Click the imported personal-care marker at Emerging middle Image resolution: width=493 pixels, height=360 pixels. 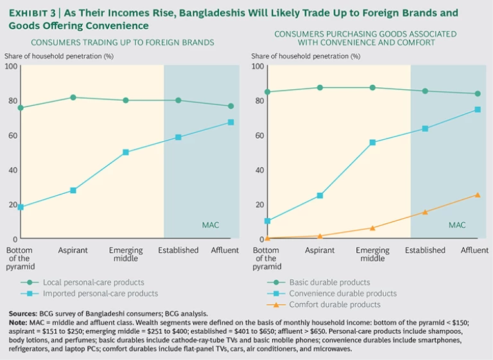(x=126, y=152)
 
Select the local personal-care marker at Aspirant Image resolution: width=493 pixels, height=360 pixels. (x=73, y=98)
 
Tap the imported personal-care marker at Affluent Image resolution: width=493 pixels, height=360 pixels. (x=231, y=122)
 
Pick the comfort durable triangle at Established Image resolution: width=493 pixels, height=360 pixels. (x=424, y=212)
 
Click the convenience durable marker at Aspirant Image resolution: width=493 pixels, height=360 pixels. (x=319, y=196)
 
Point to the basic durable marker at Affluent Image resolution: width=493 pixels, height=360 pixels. (x=477, y=94)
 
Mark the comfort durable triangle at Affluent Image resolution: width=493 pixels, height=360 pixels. (x=477, y=195)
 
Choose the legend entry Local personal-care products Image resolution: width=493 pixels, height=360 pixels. (x=93, y=282)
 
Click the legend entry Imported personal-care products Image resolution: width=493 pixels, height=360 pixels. (x=99, y=293)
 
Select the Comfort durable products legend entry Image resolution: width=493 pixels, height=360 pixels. (x=334, y=304)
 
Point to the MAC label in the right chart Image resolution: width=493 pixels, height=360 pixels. (x=457, y=225)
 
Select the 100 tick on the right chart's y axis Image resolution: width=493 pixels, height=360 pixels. (x=257, y=66)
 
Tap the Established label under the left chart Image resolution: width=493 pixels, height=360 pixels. (x=178, y=250)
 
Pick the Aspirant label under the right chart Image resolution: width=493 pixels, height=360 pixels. (x=319, y=250)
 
